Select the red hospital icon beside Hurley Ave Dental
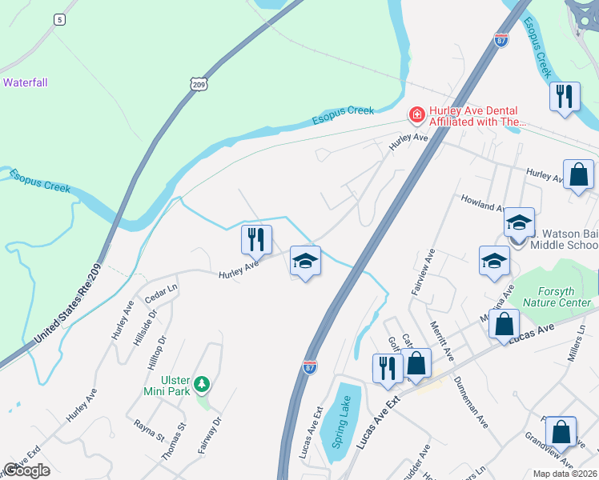(416, 116)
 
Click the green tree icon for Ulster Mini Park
(203, 385)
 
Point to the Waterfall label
(25, 82)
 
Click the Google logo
(26, 470)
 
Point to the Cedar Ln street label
(160, 293)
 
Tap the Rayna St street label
(149, 431)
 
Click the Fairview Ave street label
(423, 272)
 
